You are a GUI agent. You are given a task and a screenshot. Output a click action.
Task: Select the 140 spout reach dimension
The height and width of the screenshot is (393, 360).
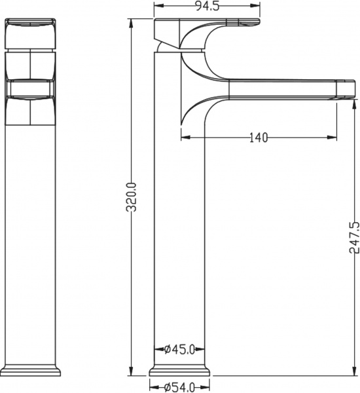coord(259,137)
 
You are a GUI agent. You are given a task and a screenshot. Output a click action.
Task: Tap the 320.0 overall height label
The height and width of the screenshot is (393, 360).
coord(131,197)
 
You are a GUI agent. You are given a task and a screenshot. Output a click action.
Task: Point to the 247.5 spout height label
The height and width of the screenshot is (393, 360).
coord(354,236)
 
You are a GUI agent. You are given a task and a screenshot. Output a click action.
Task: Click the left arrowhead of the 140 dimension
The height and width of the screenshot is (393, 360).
coord(184,137)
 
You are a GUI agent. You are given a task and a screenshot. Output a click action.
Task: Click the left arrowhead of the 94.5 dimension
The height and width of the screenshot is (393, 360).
coord(157,9)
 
